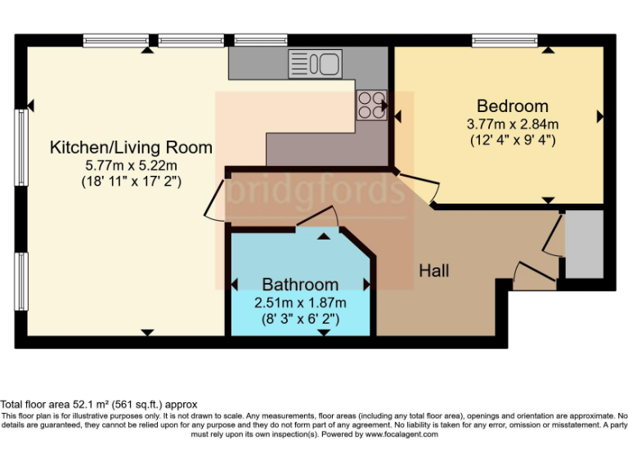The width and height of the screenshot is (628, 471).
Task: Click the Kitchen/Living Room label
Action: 131,148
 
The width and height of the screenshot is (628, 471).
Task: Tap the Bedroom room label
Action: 513,106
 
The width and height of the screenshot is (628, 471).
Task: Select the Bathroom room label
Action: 300,285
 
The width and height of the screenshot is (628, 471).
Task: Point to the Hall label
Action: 434,271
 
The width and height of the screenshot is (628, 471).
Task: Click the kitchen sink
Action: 314,63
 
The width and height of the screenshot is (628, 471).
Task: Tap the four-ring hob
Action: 371,104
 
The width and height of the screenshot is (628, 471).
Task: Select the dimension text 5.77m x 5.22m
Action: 131,165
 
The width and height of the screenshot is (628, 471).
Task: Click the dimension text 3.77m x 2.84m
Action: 513,124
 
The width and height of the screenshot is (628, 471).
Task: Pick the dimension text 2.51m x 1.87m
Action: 300,302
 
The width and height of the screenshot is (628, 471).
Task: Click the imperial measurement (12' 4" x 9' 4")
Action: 513,140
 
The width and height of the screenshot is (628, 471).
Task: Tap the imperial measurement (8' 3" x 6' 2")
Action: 300,318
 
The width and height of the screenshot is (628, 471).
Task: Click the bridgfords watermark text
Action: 315,191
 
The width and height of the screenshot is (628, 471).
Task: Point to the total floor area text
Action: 99,405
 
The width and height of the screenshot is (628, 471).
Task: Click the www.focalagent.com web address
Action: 400,434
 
